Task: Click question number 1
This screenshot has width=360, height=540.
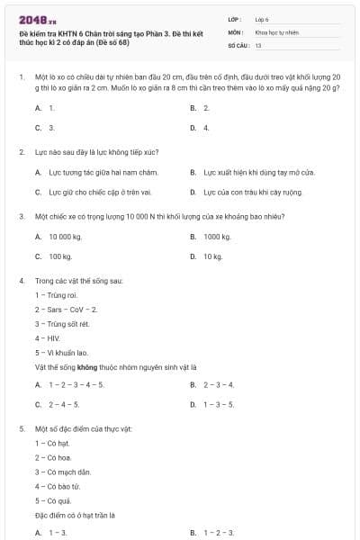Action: [21, 78]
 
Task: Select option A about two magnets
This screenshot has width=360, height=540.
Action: [90, 171]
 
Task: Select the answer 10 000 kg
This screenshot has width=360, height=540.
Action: [64, 237]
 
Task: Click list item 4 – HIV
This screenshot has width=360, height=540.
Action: [48, 338]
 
